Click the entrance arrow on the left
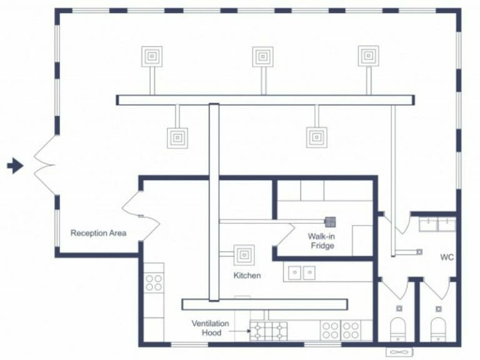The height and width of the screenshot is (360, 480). pyautogui.click(x=15, y=166)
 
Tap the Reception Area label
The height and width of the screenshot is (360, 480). pyautogui.click(x=98, y=233)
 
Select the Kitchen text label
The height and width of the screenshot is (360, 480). pyautogui.click(x=247, y=275)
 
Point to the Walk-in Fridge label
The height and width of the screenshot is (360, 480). pyautogui.click(x=321, y=241)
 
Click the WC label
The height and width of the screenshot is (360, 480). pyautogui.click(x=446, y=257)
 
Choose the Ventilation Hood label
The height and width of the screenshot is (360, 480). pyautogui.click(x=210, y=327)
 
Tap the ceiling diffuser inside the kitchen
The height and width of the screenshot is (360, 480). pyautogui.click(x=244, y=255)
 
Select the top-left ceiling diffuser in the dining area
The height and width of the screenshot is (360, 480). pyautogui.click(x=152, y=56)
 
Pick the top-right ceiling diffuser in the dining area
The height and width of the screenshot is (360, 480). pyautogui.click(x=368, y=56)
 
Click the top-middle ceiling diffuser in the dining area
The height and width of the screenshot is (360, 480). pyautogui.click(x=262, y=56)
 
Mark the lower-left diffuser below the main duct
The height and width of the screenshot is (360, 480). pyautogui.click(x=177, y=137)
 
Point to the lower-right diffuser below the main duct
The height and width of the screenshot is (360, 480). pyautogui.click(x=317, y=137)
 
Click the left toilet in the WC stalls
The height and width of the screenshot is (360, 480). pyautogui.click(x=399, y=329)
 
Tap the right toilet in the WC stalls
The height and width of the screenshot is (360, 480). pyautogui.click(x=438, y=329)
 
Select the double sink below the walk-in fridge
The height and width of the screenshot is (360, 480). pyautogui.click(x=302, y=272)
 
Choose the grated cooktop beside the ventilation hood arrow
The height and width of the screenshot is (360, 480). pyautogui.click(x=269, y=329)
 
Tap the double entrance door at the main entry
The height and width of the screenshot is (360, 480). pyautogui.click(x=44, y=166)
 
